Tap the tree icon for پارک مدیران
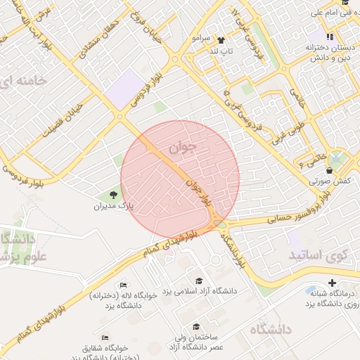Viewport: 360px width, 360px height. point(115,194)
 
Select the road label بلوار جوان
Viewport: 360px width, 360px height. point(198,191)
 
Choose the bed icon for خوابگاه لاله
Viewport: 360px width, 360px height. point(124,284)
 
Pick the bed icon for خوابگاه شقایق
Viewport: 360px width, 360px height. point(105,337)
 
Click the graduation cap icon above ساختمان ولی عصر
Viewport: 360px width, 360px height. point(197,327)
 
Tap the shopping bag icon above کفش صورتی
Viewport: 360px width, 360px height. point(330,170)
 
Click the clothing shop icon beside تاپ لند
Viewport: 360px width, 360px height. point(221,40)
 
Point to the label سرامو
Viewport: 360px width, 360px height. point(201,38)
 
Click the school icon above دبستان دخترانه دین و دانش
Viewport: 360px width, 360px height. point(330,36)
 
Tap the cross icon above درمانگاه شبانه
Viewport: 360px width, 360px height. point(333,283)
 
